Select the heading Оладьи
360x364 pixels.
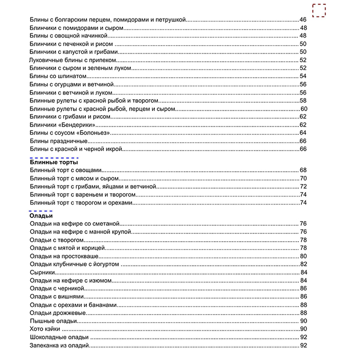(x=41, y=216)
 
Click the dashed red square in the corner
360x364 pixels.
(x=319, y=10)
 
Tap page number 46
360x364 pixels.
(x=303, y=20)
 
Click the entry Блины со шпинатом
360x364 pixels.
(x=55, y=76)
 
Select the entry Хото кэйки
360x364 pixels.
(x=45, y=329)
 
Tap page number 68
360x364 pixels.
(x=303, y=170)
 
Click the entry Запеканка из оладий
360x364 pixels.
(x=60, y=345)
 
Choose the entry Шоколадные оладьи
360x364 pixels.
(x=59, y=337)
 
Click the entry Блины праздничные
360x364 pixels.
(x=59, y=141)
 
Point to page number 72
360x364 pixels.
(x=303, y=186)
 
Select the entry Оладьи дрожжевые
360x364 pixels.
(x=58, y=313)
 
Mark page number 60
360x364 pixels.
(x=303, y=108)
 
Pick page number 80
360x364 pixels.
(x=303, y=256)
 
